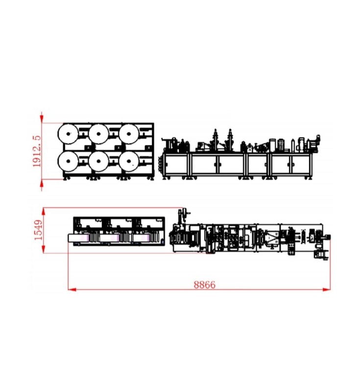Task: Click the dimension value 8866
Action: click(x=204, y=285)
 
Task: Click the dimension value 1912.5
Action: click(x=36, y=151)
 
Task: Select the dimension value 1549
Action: click(x=38, y=230)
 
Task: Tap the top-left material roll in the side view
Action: click(x=68, y=134)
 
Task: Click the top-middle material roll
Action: click(x=98, y=134)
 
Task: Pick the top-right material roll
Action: click(x=129, y=134)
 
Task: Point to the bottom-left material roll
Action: click(x=68, y=161)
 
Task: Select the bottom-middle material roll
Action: click(x=98, y=162)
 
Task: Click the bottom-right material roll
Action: click(x=129, y=162)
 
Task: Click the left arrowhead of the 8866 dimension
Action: click(x=72, y=290)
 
